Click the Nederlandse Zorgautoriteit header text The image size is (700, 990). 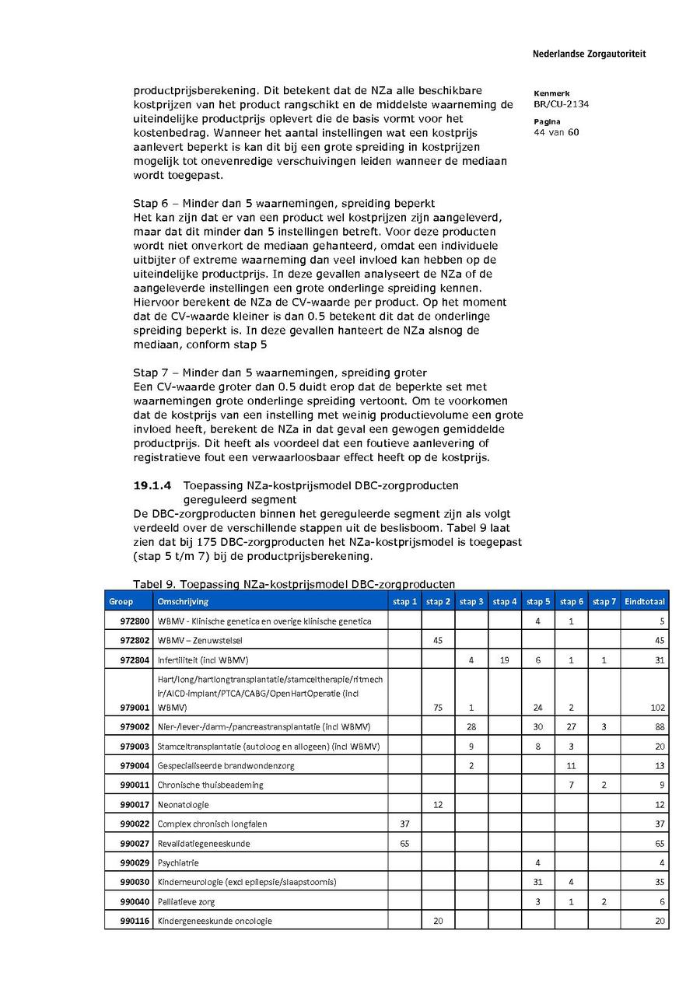(x=589, y=54)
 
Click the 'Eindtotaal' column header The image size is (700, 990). (x=645, y=601)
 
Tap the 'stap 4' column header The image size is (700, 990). (x=505, y=601)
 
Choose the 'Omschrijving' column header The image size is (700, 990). (x=183, y=601)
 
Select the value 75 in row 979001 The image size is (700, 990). (x=437, y=708)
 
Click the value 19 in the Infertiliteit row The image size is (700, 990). (x=505, y=660)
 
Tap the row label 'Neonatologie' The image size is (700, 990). (x=183, y=804)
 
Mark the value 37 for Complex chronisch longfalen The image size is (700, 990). (x=404, y=824)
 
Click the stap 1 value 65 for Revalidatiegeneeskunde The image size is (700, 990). (x=404, y=843)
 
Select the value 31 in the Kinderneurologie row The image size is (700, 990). (x=537, y=882)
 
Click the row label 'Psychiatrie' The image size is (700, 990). (x=178, y=862)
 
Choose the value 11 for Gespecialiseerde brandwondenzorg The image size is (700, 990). (x=571, y=765)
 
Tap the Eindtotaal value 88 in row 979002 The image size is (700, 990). (x=659, y=726)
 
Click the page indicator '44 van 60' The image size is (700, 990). (x=556, y=132)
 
